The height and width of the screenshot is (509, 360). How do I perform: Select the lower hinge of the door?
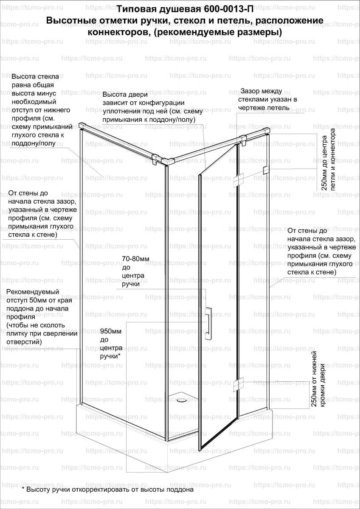237,384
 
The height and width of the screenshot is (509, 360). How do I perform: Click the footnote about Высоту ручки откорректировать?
108,489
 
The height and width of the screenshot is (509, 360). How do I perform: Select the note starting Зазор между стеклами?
267,99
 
